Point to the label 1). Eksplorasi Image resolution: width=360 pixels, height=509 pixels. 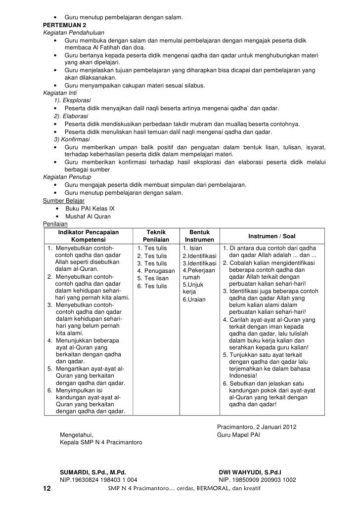point(71,100)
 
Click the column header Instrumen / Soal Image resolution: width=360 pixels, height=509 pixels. point(271,236)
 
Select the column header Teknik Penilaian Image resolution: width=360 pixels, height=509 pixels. point(156,236)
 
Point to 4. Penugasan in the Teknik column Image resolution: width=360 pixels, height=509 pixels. point(156,271)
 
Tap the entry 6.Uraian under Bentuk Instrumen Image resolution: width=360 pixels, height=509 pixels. point(194,299)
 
